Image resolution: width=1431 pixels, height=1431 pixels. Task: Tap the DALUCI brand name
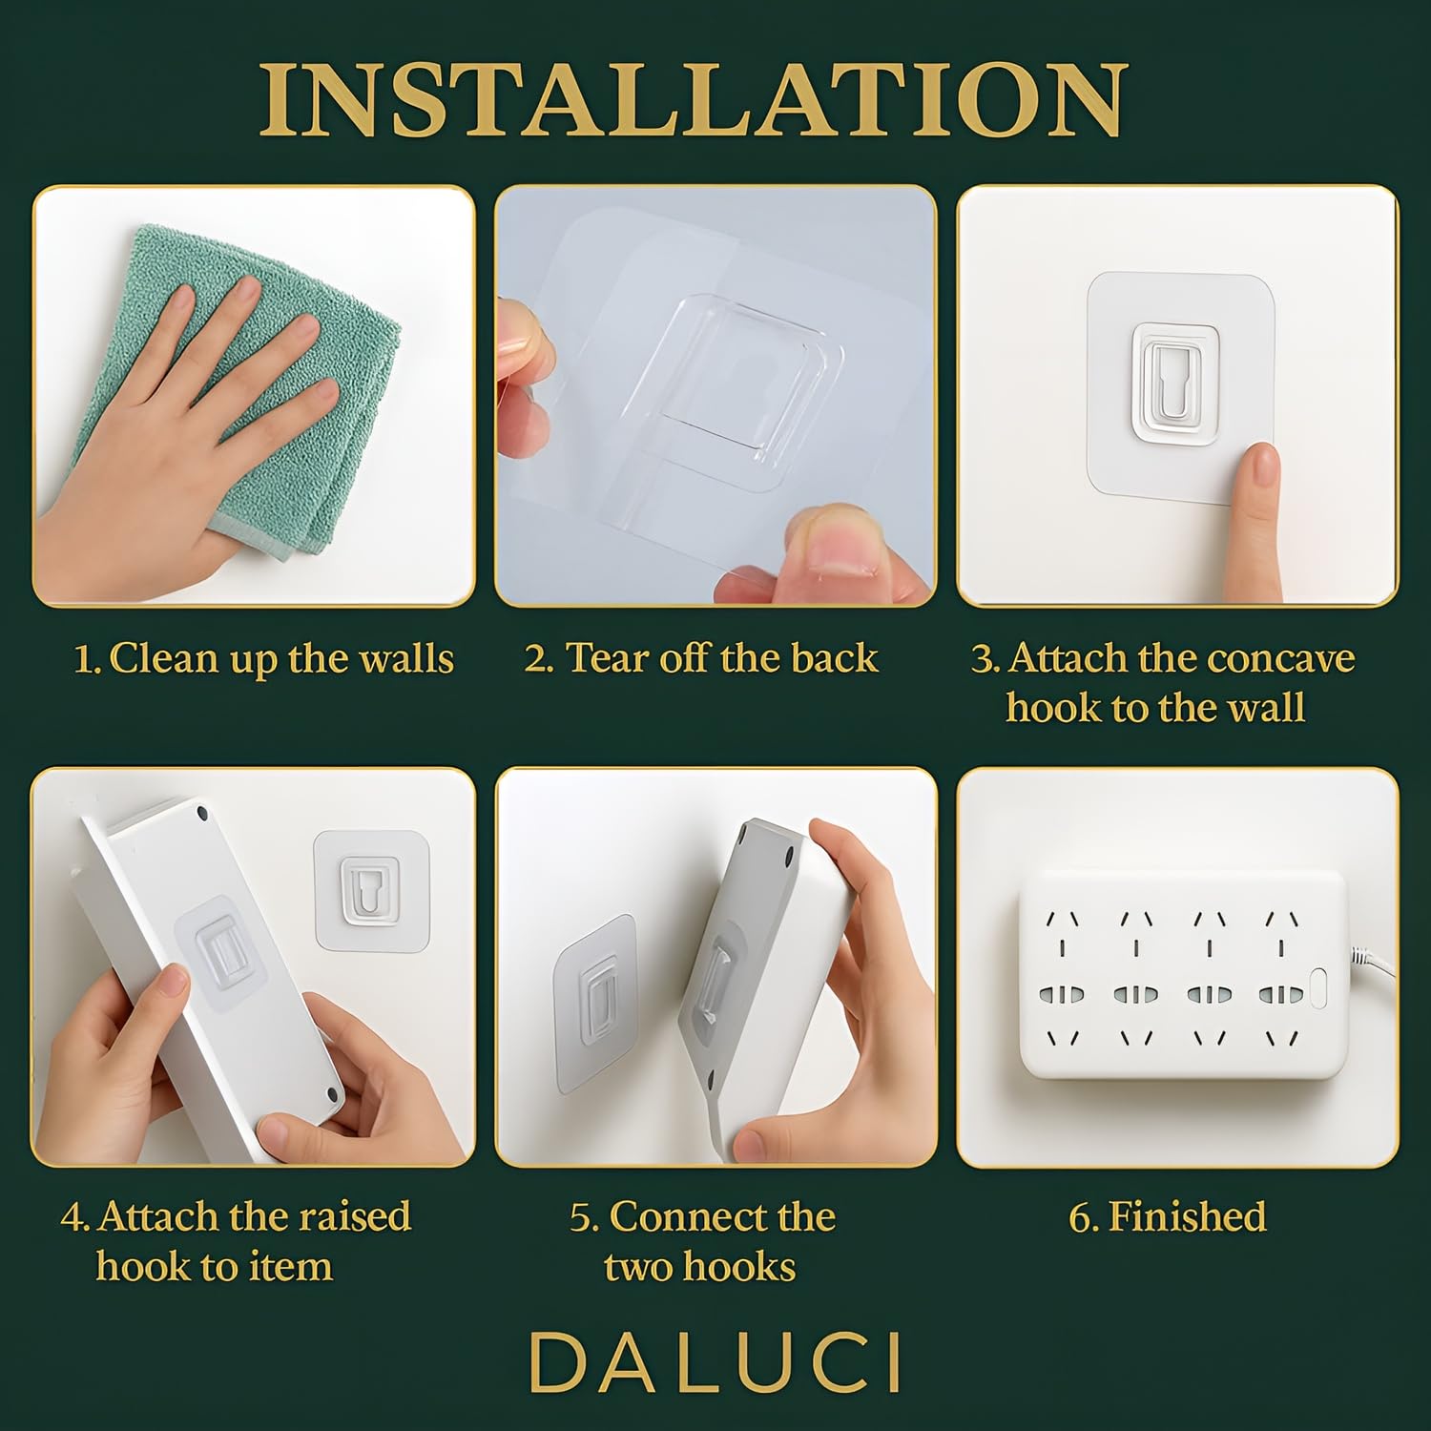715,1362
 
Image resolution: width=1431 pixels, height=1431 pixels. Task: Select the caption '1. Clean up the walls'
263,660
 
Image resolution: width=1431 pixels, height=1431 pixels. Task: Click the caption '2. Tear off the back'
701,658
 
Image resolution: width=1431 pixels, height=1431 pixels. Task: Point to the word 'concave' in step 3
1276,658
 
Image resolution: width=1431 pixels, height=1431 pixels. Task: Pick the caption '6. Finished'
1168,1217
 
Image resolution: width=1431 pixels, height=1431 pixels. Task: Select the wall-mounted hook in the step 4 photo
371,889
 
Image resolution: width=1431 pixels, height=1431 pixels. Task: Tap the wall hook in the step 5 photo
594,1003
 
